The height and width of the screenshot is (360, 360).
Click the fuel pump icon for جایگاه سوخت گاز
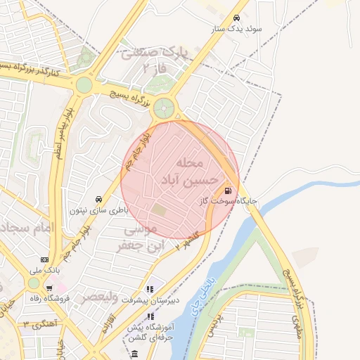tap(227, 190)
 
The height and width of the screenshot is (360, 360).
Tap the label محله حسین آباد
tap(181, 172)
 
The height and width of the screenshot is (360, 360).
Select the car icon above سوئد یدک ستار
tap(236, 18)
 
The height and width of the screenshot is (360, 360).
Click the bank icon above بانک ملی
tap(45, 259)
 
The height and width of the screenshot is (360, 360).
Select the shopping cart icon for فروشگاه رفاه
tap(49, 288)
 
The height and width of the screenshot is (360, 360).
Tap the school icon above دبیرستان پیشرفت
tap(149, 289)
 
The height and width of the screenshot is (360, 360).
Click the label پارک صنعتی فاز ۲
tap(155, 60)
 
